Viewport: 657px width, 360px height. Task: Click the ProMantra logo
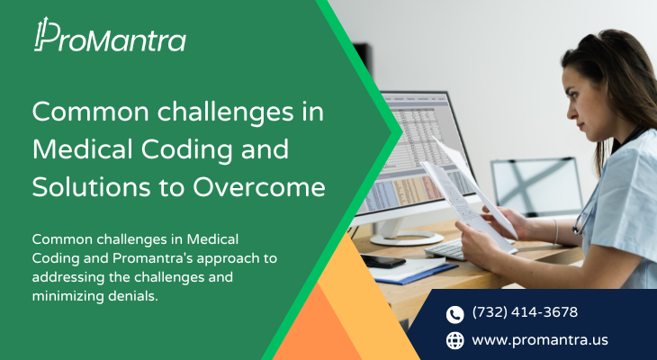pyautogui.click(x=110, y=35)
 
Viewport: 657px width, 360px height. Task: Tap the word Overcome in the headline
pyautogui.click(x=258, y=186)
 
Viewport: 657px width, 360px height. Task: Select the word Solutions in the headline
pyautogui.click(x=91, y=186)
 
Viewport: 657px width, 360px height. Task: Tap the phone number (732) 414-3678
pyautogui.click(x=525, y=312)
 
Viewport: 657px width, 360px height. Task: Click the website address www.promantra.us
pyautogui.click(x=540, y=340)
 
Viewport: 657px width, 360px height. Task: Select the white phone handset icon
pyautogui.click(x=455, y=314)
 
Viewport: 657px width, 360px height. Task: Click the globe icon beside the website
pyautogui.click(x=455, y=340)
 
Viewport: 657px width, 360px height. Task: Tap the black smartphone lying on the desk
pyautogui.click(x=383, y=260)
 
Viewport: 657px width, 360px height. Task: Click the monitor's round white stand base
pyautogui.click(x=407, y=238)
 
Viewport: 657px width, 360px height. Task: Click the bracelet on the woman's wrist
pyautogui.click(x=556, y=231)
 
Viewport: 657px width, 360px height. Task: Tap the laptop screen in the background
pyautogui.click(x=536, y=186)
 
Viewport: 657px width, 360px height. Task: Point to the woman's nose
pyautogui.click(x=571, y=110)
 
